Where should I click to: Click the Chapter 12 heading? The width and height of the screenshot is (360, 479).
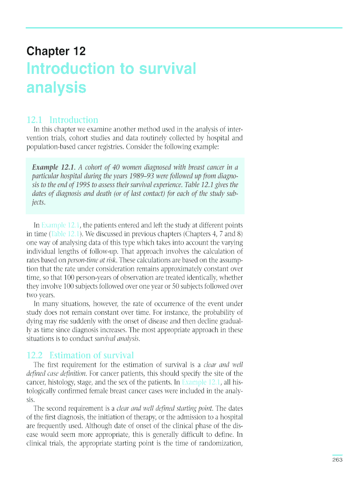[x=56, y=51]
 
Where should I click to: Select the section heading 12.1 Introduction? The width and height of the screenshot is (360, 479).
[x=62, y=120]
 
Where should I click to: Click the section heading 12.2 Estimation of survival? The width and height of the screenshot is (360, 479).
[x=80, y=355]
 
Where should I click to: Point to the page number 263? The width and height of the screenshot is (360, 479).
[x=338, y=460]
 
